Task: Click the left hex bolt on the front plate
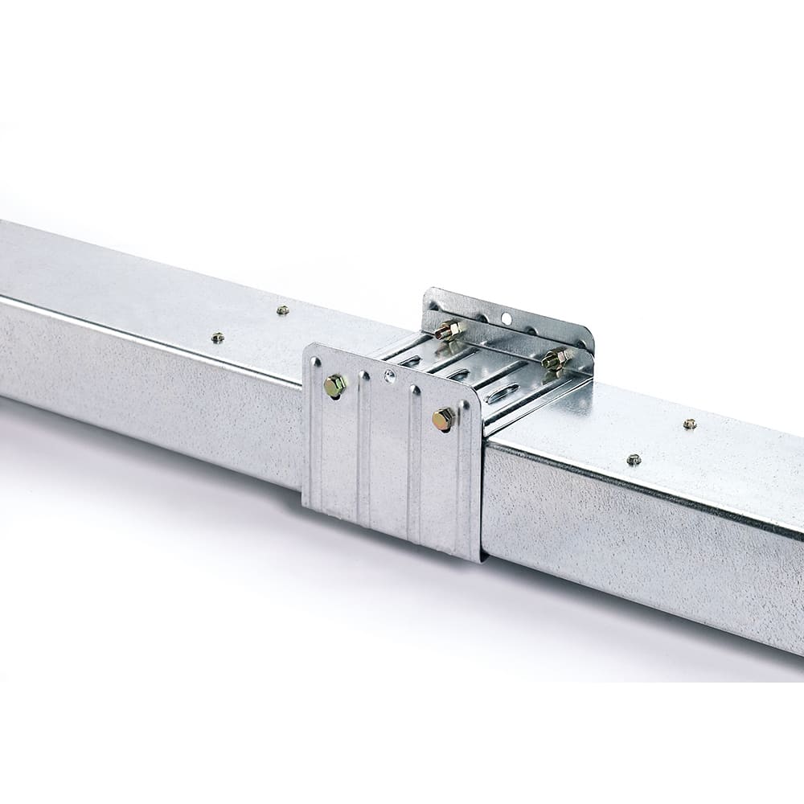coord(334,387)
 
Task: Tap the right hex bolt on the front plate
coord(443,419)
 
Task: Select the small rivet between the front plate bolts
coord(390,375)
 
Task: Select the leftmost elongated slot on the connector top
coord(413,361)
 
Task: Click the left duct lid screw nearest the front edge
coord(217,338)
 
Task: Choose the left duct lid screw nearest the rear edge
coord(281,310)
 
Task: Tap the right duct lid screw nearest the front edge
coord(634,460)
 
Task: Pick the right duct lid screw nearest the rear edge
coord(689,424)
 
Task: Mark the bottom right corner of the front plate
coord(479,560)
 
